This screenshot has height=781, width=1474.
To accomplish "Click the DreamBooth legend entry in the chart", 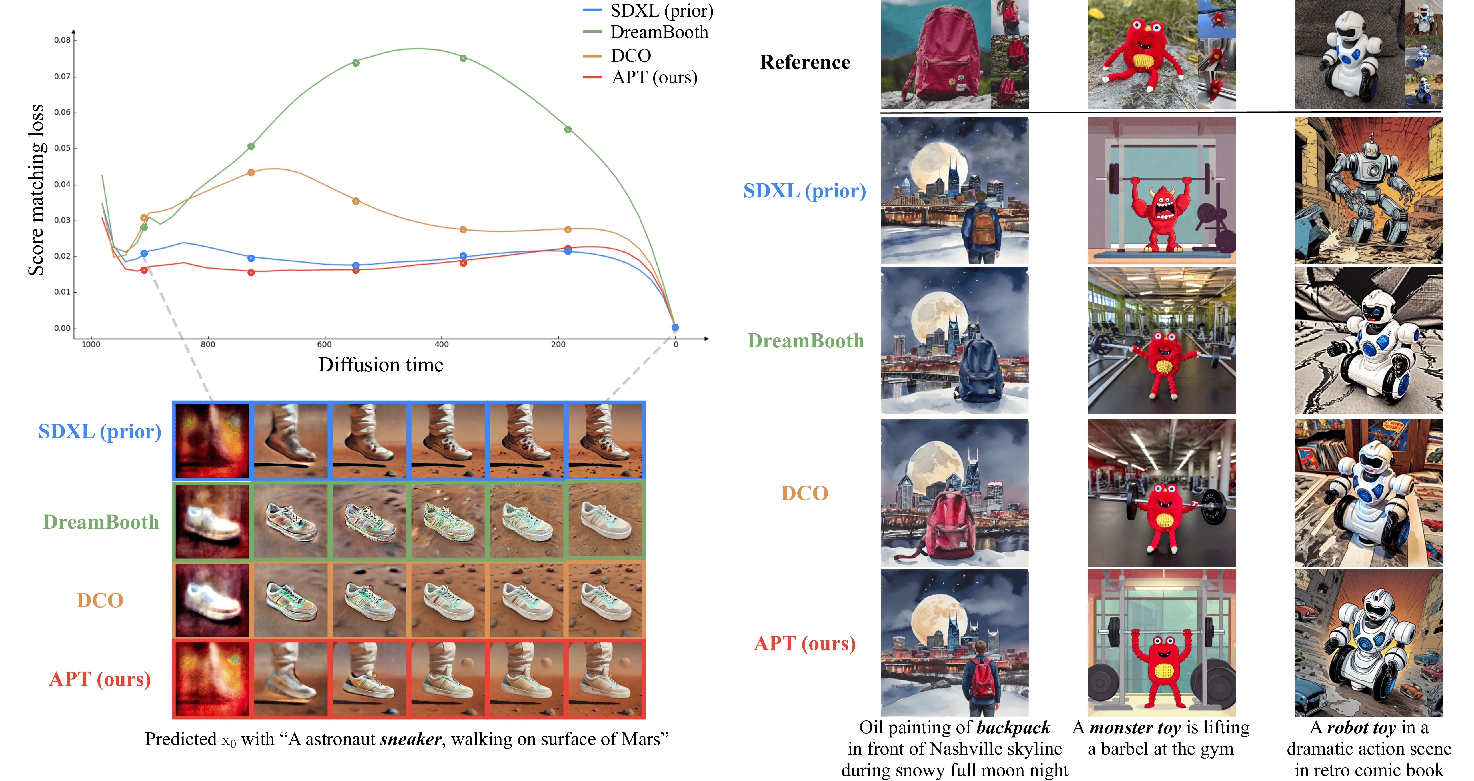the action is [646, 32].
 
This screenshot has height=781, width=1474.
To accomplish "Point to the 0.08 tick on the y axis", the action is [62, 40].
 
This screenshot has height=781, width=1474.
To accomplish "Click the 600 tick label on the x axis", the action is [324, 344].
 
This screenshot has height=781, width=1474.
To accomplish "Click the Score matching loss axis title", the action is [36, 190].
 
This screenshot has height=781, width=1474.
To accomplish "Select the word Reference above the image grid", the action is [804, 62].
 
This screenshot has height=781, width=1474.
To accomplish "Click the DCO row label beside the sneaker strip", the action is [100, 600].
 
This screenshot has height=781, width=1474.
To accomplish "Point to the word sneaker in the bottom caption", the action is [411, 739].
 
